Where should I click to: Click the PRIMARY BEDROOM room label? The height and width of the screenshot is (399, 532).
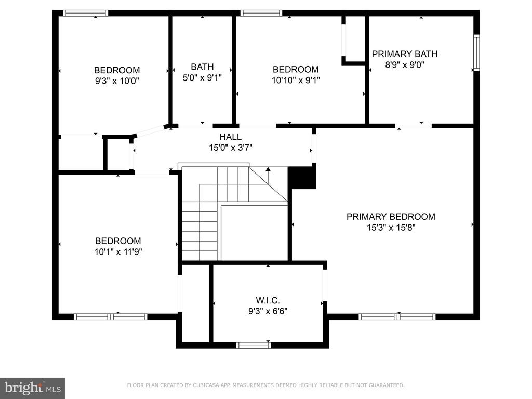coord(391,217)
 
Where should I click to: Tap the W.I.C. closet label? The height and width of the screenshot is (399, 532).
coord(268,300)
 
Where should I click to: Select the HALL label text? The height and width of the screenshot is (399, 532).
coord(230,137)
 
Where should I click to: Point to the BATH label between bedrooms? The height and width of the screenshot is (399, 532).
coord(202,67)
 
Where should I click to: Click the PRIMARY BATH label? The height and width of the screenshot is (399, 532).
coord(404,54)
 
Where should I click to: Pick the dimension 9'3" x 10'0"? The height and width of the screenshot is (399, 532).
coord(117,81)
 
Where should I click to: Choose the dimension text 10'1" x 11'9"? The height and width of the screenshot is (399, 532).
coord(118,252)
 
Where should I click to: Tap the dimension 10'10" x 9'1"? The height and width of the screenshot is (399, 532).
coord(296,80)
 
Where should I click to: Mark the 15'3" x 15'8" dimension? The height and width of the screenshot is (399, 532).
coord(391,228)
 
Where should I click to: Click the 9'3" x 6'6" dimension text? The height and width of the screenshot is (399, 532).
coord(268,311)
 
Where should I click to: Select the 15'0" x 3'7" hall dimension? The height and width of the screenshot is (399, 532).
coord(231,148)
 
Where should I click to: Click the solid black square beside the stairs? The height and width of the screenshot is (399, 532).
coord(302,178)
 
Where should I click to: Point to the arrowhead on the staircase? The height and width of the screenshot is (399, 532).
coord(268,169)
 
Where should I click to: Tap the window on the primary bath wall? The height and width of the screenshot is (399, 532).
coord(476,52)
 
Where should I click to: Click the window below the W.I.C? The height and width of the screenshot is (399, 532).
coord(254,345)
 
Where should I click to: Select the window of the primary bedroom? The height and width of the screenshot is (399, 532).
coord(397,317)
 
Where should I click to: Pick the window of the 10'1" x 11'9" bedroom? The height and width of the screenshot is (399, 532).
coord(111,317)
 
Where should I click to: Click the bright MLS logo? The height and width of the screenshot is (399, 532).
coord(33,388)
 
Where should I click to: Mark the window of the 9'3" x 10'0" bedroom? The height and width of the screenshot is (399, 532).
coord(86,13)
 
